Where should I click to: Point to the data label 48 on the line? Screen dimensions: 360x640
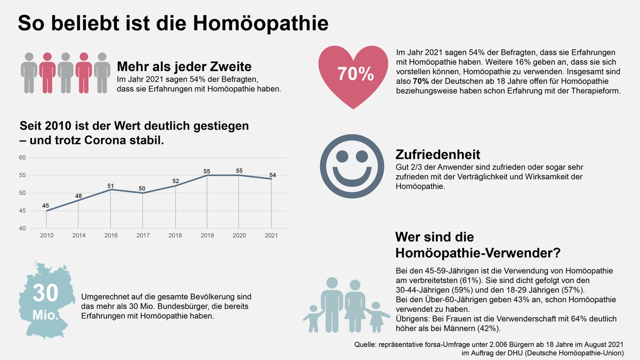tap(78, 196)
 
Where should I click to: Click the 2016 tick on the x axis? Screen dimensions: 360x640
tap(110, 235)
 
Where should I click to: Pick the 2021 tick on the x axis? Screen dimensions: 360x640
tap(271, 235)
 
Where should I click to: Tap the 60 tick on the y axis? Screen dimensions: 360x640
tap(22, 158)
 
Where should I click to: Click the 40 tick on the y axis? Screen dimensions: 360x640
tap(22, 229)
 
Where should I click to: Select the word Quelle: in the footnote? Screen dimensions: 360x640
tap(366, 345)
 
